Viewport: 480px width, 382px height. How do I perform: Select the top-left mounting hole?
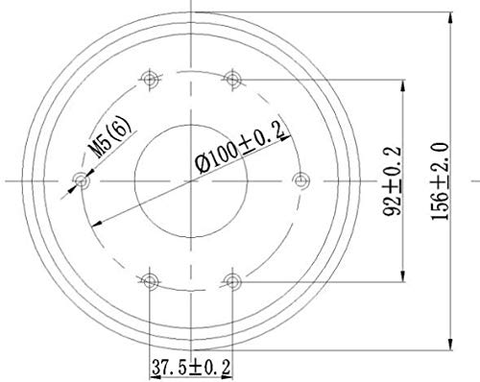tap(149, 77)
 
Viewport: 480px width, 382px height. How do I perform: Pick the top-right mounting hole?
tap(231, 77)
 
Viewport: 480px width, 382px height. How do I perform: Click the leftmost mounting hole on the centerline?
tap(81, 179)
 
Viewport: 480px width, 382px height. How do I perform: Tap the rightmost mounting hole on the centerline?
tap(300, 179)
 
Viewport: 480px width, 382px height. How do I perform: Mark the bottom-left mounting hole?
tap(149, 279)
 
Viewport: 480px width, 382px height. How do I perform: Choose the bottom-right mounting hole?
tap(231, 279)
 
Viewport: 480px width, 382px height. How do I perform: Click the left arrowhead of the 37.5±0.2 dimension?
tap(153, 352)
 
